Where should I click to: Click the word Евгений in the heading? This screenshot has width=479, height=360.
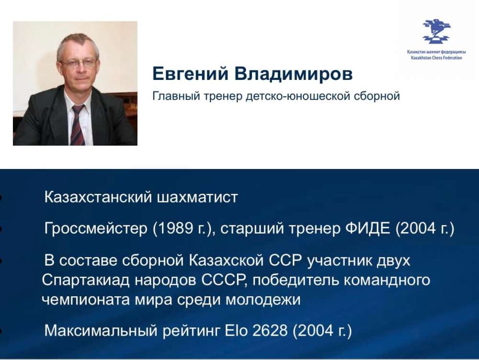click(190, 74)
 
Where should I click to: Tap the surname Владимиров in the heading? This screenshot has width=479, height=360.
click(294, 74)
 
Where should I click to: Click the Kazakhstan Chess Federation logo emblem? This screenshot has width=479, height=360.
click(436, 31)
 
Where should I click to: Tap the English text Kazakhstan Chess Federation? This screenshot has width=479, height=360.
click(436, 58)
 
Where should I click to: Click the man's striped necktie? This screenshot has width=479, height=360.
click(78, 125)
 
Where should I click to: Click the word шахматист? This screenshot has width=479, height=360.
click(197, 197)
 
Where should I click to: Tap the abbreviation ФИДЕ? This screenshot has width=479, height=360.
click(368, 228)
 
